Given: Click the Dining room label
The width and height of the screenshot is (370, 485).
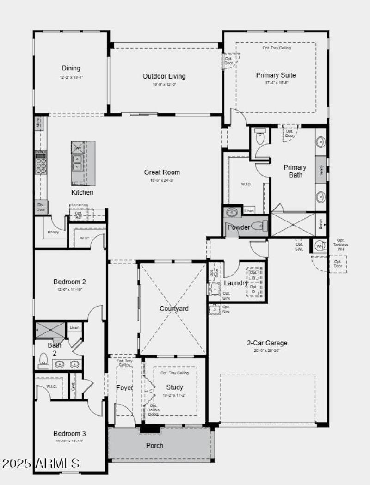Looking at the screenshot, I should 71,68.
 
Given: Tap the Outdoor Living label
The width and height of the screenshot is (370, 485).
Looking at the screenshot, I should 164,76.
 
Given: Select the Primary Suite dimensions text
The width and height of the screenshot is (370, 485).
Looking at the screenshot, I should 276,83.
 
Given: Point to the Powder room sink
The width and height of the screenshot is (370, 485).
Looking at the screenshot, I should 232,212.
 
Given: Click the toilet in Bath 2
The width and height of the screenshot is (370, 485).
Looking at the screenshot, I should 43,360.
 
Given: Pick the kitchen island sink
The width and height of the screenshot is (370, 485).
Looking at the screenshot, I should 77,163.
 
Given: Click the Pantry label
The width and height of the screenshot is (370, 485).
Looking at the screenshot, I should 53,232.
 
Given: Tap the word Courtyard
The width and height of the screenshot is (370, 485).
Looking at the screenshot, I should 174,309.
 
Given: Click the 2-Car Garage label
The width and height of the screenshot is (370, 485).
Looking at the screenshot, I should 267,343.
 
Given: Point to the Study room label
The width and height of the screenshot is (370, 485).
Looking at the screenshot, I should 174,387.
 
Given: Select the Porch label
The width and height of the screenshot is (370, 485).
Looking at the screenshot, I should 154,446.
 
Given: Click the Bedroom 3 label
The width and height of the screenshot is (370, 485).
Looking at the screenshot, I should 69,434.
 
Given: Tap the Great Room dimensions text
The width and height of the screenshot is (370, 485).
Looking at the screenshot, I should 162,180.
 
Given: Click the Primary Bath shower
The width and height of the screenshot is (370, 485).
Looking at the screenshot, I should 292,224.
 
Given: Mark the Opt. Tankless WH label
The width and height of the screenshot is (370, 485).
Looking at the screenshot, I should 341,245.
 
